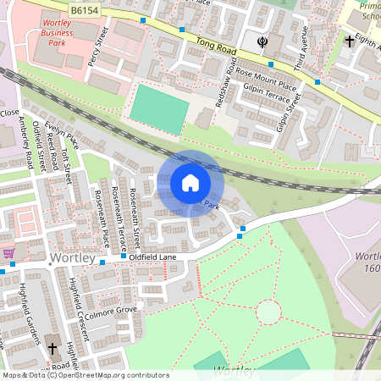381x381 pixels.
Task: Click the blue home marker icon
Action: tap(190, 183)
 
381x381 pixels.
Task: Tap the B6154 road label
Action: tap(84, 10)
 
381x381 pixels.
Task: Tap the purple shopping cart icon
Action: tap(8, 252)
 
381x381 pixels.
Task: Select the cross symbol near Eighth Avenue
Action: tap(349, 41)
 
